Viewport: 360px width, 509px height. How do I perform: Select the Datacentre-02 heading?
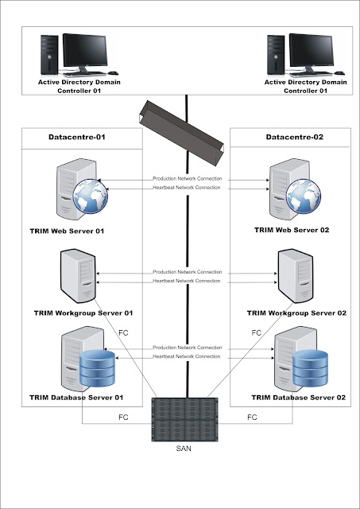pyautogui.click(x=293, y=138)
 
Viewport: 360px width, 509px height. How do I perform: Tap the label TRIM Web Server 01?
pyautogui.click(x=68, y=231)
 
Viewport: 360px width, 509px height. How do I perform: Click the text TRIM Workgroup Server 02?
pyautogui.click(x=297, y=313)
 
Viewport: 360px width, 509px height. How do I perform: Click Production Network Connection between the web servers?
pyautogui.click(x=188, y=179)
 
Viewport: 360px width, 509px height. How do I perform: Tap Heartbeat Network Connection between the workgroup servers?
pyautogui.click(x=188, y=281)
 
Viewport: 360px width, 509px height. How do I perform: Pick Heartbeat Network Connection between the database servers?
pyautogui.click(x=188, y=357)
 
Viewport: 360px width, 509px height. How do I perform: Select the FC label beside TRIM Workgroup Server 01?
pyautogui.click(x=123, y=332)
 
